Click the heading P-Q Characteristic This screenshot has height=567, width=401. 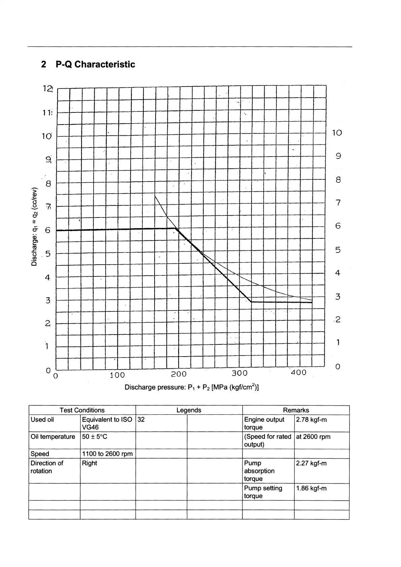pyautogui.click(x=88, y=64)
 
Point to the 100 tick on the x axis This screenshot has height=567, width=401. pyautogui.click(x=117, y=375)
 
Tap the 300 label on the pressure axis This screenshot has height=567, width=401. pyautogui.click(x=239, y=373)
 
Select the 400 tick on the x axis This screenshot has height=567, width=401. pyautogui.click(x=298, y=372)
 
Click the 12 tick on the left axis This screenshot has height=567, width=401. pyautogui.click(x=48, y=89)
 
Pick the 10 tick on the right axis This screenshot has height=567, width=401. pyautogui.click(x=337, y=133)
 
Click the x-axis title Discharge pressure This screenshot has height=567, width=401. pyautogui.click(x=192, y=387)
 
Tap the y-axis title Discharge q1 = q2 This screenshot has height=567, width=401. pyautogui.click(x=34, y=226)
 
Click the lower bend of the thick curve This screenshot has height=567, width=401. pyautogui.click(x=251, y=302)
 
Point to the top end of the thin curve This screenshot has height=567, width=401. pyautogui.click(x=155, y=195)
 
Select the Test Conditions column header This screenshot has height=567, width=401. pyautogui.click(x=82, y=410)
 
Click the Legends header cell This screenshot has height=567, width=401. pyautogui.click(x=189, y=410)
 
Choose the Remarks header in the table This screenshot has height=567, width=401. pyautogui.click(x=296, y=410)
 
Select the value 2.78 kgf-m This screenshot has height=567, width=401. pyautogui.click(x=311, y=420)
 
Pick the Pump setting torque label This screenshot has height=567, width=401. pyautogui.click(x=263, y=492)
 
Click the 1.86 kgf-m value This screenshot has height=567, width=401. pyautogui.click(x=311, y=488)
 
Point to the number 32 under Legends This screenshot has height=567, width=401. pyautogui.click(x=141, y=420)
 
